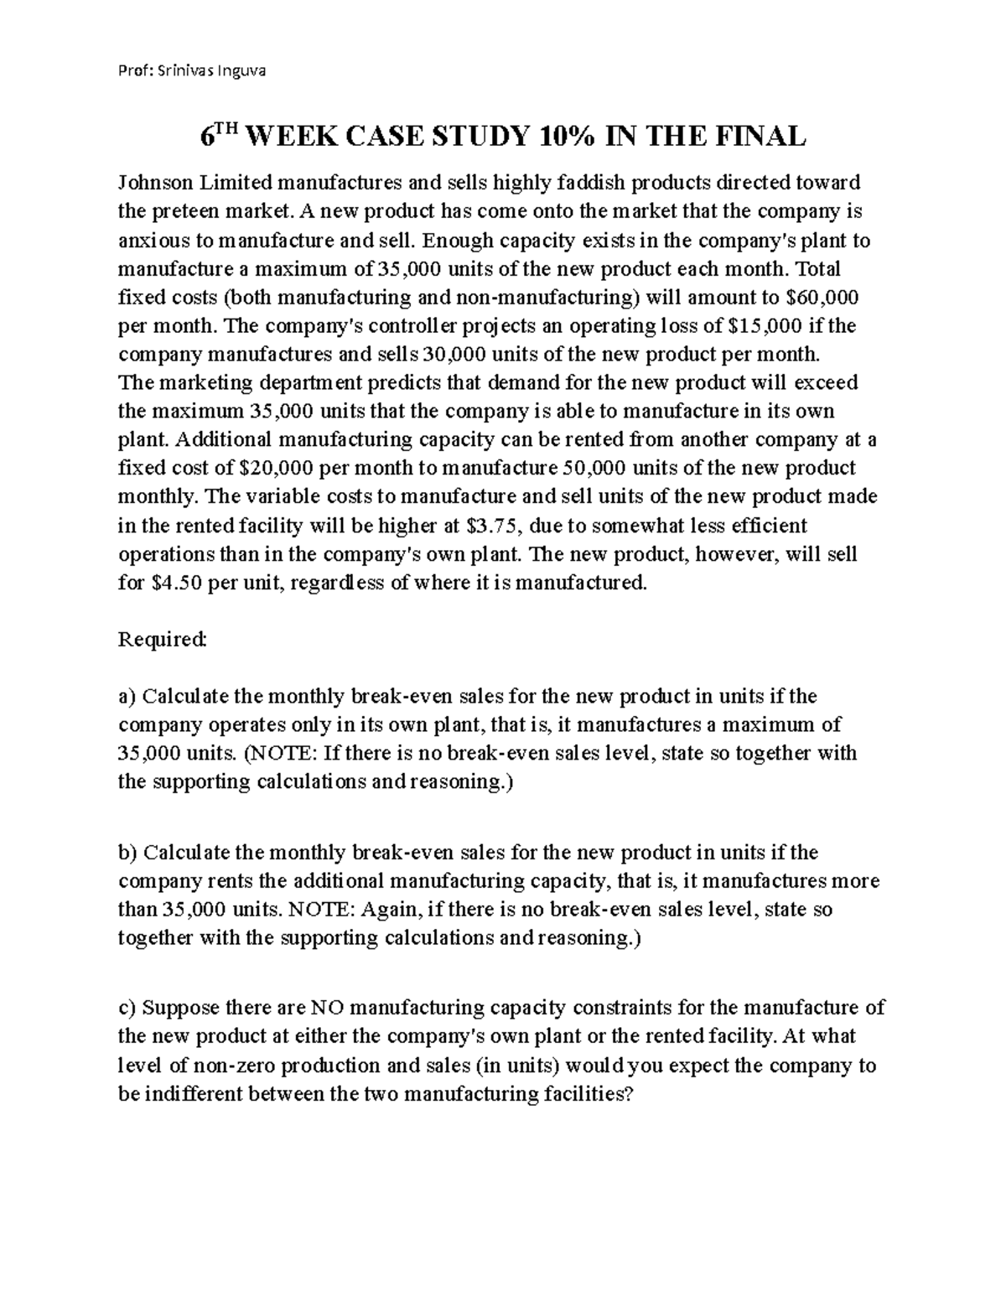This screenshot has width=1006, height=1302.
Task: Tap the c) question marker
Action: coord(127,1008)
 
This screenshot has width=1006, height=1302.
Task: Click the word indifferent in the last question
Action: coord(192,1094)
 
